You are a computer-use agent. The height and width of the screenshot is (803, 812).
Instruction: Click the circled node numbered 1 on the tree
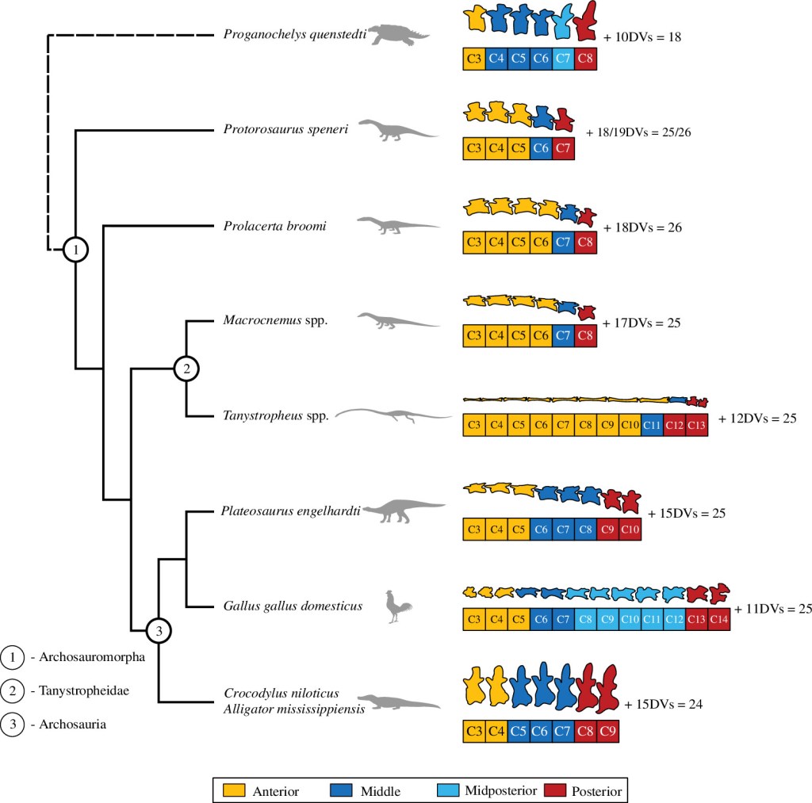click(x=75, y=250)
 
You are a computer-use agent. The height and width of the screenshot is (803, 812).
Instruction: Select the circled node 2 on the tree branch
click(x=186, y=368)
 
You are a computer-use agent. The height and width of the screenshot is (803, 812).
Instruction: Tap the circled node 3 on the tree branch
click(x=159, y=631)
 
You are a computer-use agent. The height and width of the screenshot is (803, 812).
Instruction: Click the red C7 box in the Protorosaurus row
click(x=563, y=148)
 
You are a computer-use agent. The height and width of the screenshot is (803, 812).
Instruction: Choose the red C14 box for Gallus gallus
click(x=718, y=618)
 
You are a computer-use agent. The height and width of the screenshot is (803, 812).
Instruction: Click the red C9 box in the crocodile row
click(x=607, y=730)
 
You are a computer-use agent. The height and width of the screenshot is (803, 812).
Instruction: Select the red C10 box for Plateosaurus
click(x=630, y=528)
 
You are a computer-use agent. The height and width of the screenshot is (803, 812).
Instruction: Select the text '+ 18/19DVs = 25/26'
click(x=638, y=132)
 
